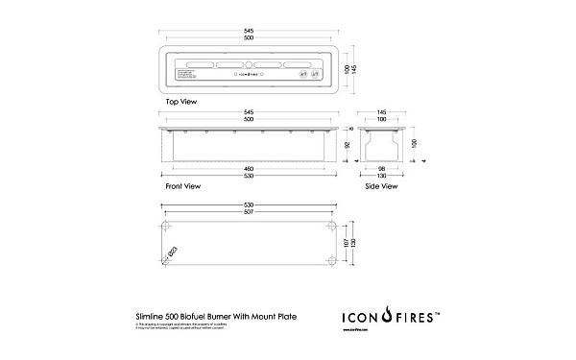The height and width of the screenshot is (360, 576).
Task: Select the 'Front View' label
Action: pyautogui.click(x=182, y=186)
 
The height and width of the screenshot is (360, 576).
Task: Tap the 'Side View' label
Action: pyautogui.click(x=381, y=186)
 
